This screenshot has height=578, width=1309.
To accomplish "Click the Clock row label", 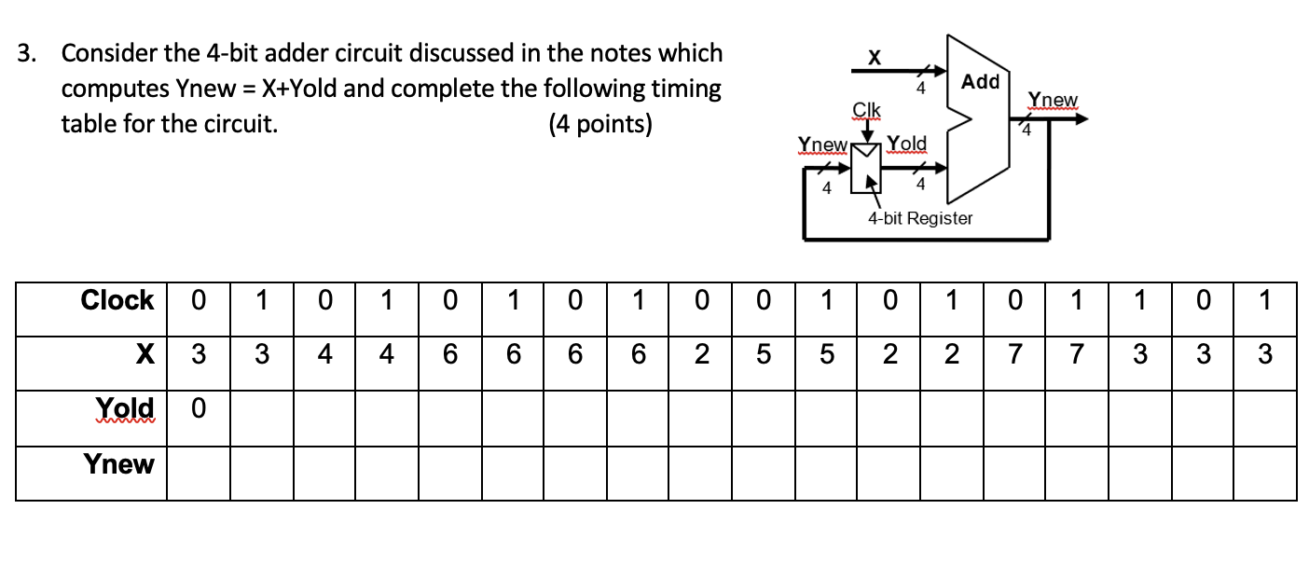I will [117, 300].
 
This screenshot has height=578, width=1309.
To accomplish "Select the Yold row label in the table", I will [125, 408].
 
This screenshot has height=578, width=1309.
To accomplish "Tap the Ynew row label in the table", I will [119, 463].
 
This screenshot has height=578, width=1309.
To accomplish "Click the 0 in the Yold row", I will [198, 408].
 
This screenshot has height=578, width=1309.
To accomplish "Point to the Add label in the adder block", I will [980, 82].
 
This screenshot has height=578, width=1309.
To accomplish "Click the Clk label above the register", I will [866, 111].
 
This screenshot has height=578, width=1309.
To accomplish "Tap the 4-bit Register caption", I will [919, 218].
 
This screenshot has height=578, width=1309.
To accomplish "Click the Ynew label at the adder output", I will [1052, 100].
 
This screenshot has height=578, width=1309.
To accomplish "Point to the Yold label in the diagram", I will [906, 144].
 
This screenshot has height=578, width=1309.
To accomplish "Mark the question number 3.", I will [28, 53].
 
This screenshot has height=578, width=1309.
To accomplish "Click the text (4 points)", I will [600, 124].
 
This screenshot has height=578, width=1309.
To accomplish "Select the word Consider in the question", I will [108, 53].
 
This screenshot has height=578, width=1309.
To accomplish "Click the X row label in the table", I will [143, 354].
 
